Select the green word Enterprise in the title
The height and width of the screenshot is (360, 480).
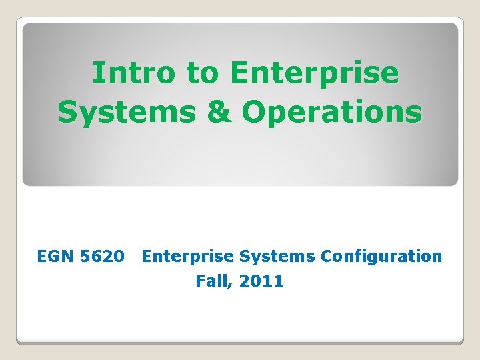(314, 73)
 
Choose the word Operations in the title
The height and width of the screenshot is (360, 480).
(332, 113)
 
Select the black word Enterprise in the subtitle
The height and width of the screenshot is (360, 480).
(188, 256)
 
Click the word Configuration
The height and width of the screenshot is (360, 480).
(381, 256)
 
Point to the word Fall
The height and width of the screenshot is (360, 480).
(212, 281)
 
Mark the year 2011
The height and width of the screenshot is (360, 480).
(261, 281)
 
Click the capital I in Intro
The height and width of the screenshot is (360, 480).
(97, 73)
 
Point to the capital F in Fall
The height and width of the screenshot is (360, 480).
(200, 281)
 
